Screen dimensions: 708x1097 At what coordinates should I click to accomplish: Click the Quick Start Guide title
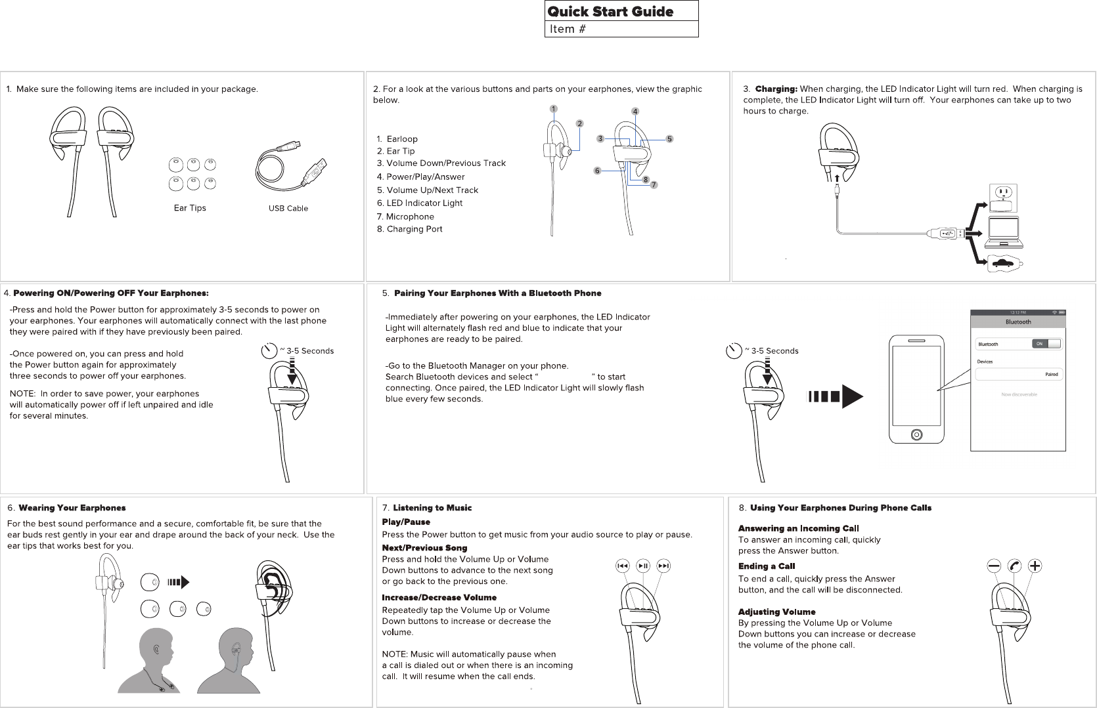(x=610, y=11)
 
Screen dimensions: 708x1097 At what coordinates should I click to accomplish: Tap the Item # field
(x=621, y=29)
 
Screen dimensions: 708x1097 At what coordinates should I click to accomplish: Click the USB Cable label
(x=288, y=209)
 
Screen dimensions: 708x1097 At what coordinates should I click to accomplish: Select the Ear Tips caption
(x=190, y=208)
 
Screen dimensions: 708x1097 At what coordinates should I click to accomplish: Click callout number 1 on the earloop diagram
(x=554, y=109)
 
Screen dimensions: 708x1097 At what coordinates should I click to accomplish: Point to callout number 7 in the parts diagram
(x=654, y=185)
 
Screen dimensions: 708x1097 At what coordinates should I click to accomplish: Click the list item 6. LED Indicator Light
(x=419, y=203)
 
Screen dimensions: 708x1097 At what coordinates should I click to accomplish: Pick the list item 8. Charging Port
(x=409, y=229)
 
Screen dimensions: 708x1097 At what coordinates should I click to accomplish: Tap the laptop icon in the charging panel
(x=1004, y=232)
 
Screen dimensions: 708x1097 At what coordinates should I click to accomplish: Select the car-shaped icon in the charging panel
(x=1004, y=263)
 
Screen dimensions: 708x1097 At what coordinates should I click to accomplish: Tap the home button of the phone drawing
(x=916, y=434)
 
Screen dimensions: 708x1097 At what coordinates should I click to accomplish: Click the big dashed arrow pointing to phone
(x=835, y=396)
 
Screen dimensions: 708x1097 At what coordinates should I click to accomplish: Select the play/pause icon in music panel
(x=643, y=566)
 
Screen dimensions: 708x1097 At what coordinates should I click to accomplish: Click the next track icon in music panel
(x=663, y=566)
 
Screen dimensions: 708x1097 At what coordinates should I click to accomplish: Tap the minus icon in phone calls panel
(x=994, y=566)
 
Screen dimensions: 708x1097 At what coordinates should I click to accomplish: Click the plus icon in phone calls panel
(x=1035, y=566)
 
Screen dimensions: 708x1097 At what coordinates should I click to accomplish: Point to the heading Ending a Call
(x=766, y=566)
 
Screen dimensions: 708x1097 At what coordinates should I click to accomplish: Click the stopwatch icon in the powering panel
(x=269, y=351)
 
